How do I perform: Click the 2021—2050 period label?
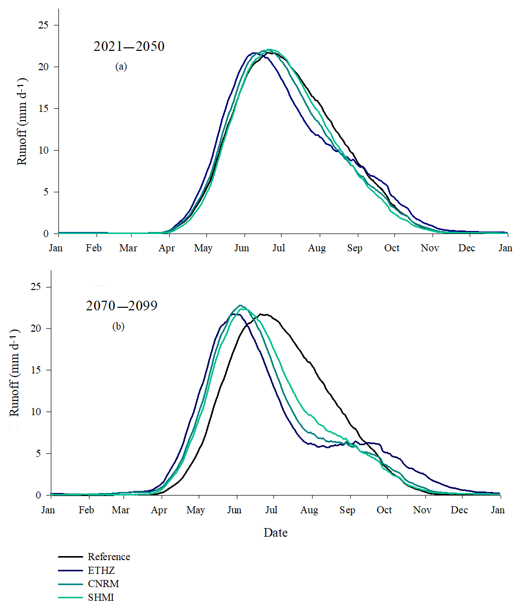129,47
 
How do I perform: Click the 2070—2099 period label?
121,306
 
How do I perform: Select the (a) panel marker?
120,67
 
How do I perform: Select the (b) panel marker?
118,327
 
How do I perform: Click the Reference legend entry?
109,557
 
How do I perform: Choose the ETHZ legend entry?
101,571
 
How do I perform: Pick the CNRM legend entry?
103,584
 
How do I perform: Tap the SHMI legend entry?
102,598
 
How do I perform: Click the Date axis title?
275,533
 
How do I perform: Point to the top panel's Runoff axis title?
22,122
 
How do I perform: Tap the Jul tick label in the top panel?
279,248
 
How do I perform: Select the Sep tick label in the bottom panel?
348,510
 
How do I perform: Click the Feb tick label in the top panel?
94,248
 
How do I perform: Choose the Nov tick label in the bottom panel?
422,510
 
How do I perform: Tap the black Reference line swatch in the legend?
70,557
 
